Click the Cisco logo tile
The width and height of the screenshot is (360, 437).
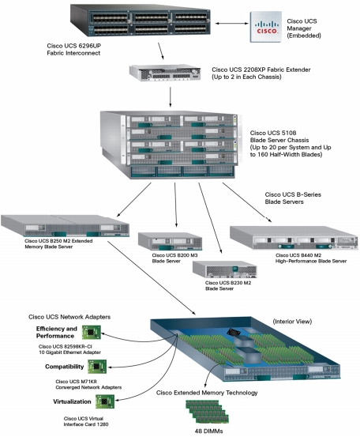pyautogui.click(x=265, y=27)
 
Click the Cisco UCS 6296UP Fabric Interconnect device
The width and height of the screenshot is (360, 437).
pyautogui.click(x=141, y=21)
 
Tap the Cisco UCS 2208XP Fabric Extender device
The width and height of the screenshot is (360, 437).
pyautogui.click(x=165, y=73)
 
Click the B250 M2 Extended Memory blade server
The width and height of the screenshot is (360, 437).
pyautogui.click(x=65, y=226)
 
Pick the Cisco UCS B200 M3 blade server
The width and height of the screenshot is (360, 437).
pyautogui.click(x=170, y=241)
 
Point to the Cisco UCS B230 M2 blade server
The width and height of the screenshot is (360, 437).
pyautogui.click(x=225, y=269)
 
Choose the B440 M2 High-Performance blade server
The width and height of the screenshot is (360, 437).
pyautogui.click(x=294, y=238)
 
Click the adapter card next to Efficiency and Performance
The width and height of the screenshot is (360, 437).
pyautogui.click(x=92, y=332)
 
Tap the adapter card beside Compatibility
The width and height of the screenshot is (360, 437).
pyautogui.click(x=97, y=367)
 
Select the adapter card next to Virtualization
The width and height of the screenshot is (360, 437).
pyautogui.click(x=105, y=401)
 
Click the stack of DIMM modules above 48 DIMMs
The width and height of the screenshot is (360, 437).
pyautogui.click(x=207, y=412)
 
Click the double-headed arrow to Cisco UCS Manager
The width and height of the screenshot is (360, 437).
pyautogui.click(x=231, y=24)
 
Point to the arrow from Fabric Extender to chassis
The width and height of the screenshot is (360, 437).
pyautogui.click(x=171, y=97)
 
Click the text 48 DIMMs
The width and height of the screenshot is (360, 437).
pyautogui.click(x=209, y=431)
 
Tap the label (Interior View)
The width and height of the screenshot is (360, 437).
pyautogui.click(x=292, y=322)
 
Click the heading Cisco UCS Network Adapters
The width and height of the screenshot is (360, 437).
pyautogui.click(x=69, y=317)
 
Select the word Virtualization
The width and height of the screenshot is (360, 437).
pyautogui.click(x=72, y=401)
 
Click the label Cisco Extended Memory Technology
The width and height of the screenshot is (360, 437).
pyautogui.click(x=207, y=393)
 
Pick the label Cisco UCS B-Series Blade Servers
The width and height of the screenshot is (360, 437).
pyautogui.click(x=293, y=198)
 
